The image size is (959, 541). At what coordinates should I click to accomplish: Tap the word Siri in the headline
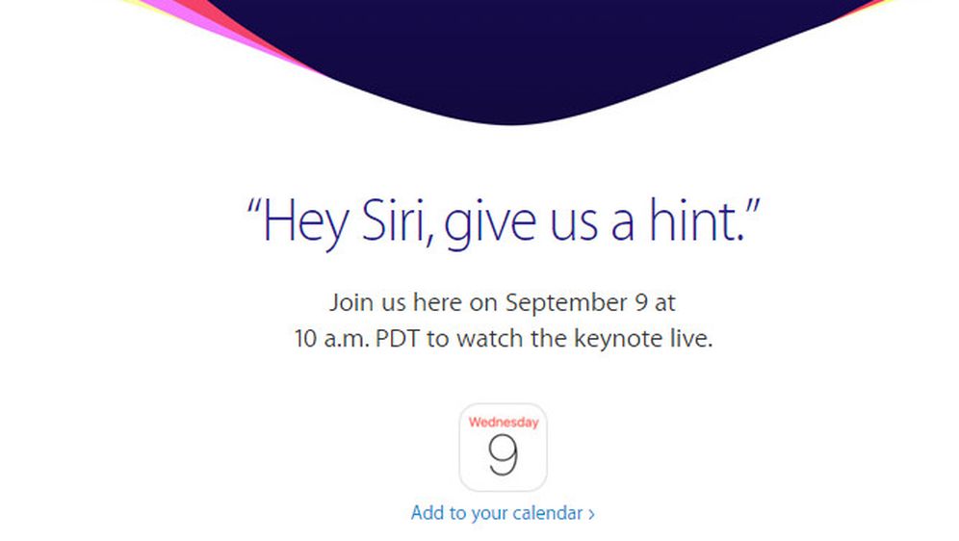point(393,219)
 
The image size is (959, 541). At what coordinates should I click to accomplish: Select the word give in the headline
point(490,224)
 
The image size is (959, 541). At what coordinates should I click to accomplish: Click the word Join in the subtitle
point(351,303)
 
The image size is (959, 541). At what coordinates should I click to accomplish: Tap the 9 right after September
point(641,302)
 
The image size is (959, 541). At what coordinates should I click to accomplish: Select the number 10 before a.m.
point(305,339)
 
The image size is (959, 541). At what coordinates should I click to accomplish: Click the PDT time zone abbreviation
point(397,339)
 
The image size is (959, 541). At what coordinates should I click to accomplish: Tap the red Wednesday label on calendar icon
point(504,423)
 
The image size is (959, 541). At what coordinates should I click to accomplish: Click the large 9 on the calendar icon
point(503,454)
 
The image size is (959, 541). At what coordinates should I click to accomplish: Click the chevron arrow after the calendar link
point(591,514)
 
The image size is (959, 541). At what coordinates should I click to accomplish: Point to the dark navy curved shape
point(514,55)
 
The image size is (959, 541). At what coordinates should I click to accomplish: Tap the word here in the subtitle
point(437,302)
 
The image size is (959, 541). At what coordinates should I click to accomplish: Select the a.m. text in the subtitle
point(347,340)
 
